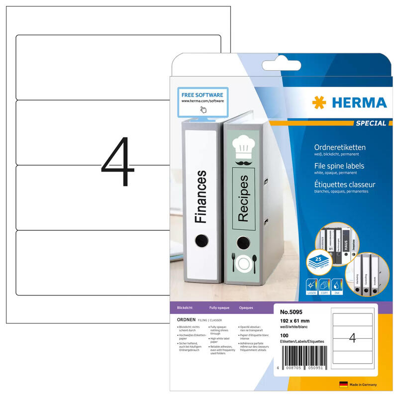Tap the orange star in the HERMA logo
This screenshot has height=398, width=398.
coord(319,103)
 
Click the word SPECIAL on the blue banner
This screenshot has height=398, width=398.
coord(370,123)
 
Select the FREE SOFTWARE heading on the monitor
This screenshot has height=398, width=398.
coord(201,95)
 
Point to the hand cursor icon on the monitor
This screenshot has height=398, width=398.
coord(203,109)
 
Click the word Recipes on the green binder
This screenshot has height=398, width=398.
coord(243,198)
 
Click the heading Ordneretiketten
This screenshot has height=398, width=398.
coord(340,147)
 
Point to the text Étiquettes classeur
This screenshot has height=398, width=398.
coord(345,185)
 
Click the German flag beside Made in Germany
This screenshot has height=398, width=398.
coord(343,385)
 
